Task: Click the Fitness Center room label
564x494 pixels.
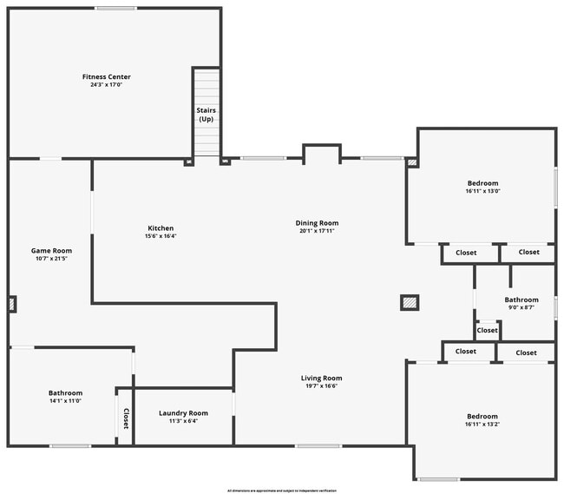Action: (x=107, y=77)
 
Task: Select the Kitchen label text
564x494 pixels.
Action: (x=161, y=228)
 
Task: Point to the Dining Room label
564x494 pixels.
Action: (x=317, y=223)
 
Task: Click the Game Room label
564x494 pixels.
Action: (x=52, y=250)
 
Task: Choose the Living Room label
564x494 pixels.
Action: (x=321, y=378)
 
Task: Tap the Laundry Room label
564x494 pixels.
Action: (x=183, y=413)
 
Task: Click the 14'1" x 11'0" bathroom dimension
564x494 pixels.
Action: (x=66, y=402)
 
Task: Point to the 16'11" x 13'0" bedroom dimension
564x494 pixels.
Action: (x=482, y=191)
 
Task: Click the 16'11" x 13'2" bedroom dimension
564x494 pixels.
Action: (x=482, y=425)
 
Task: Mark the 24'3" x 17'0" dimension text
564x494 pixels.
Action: (x=107, y=85)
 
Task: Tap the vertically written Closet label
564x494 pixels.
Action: (x=125, y=419)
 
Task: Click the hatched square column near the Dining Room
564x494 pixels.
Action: (x=410, y=302)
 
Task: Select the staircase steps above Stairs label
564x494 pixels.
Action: (x=206, y=87)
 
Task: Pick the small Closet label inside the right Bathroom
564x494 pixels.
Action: (x=488, y=331)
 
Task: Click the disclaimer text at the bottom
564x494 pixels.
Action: (x=282, y=491)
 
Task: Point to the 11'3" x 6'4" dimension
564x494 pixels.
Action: (x=183, y=421)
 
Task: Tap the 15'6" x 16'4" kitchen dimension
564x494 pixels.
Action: (x=161, y=236)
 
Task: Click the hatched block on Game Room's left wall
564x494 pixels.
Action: (x=11, y=304)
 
